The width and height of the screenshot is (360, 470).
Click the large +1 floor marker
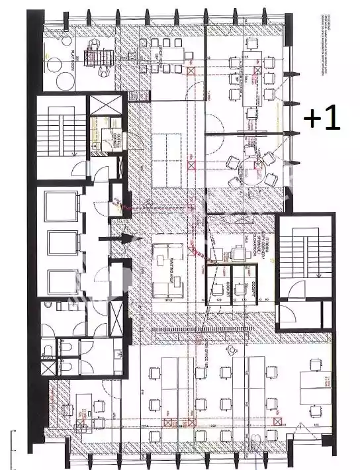pos(322,118)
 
